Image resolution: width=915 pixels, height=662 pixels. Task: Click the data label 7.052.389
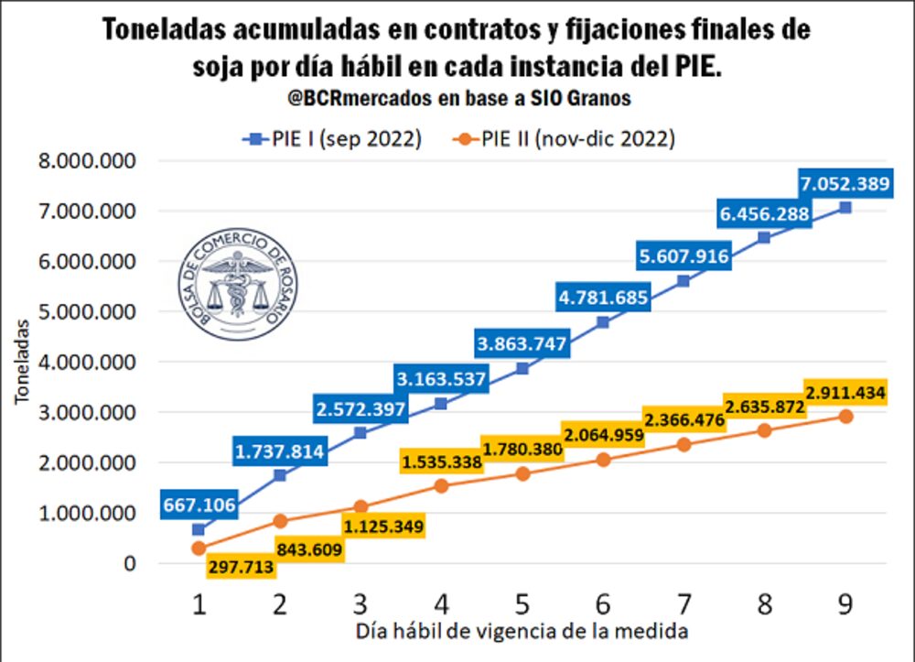click(843, 184)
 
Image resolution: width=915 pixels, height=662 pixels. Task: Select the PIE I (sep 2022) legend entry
click(331, 138)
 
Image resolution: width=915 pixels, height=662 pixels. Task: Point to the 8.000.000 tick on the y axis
click(86, 161)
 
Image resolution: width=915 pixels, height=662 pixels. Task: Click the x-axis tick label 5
click(522, 604)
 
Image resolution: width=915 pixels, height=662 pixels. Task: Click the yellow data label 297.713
click(240, 569)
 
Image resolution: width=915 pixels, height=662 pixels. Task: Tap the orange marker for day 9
click(845, 417)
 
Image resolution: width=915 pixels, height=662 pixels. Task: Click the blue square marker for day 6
click(603, 322)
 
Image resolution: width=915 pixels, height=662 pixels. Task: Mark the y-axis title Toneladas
click(21, 358)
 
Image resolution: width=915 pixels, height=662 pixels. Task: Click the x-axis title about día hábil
click(522, 632)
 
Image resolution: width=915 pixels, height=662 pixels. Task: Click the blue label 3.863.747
click(522, 344)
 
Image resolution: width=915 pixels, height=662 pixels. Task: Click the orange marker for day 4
click(441, 485)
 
